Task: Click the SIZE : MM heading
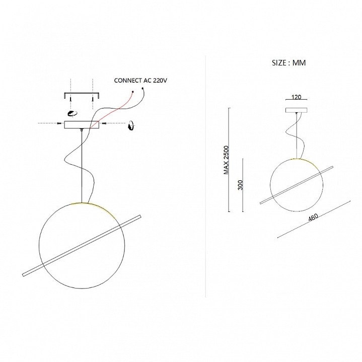[x=288, y=63]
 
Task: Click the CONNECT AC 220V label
[x=140, y=81]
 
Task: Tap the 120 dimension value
[x=296, y=97]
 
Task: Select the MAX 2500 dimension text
[x=226, y=160]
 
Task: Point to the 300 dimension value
[x=240, y=185]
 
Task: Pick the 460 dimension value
[x=313, y=217]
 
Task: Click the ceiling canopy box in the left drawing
[x=82, y=124]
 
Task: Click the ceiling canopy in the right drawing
[x=297, y=110]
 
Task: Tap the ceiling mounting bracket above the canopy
[x=82, y=95]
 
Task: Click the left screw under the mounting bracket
[x=70, y=99]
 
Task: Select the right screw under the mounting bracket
[x=93, y=99]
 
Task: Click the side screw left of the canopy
[x=59, y=123]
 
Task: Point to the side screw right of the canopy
[x=104, y=123]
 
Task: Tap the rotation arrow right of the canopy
[x=132, y=125]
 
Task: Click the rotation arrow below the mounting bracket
[x=72, y=113]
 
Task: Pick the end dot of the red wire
[x=133, y=92]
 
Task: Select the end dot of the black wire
[x=142, y=89]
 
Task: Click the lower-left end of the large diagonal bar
[x=23, y=275]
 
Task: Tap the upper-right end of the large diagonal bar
[x=140, y=216]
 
